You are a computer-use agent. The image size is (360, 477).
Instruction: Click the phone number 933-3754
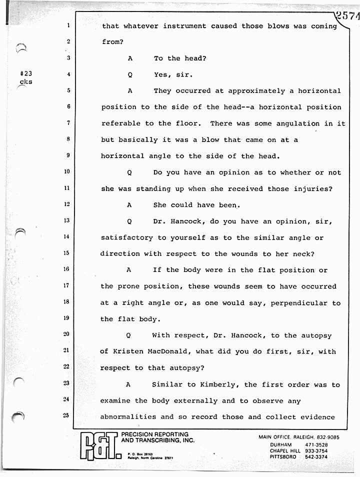pos(315,450)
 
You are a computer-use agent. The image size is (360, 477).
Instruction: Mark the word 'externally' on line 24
pos(187,401)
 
